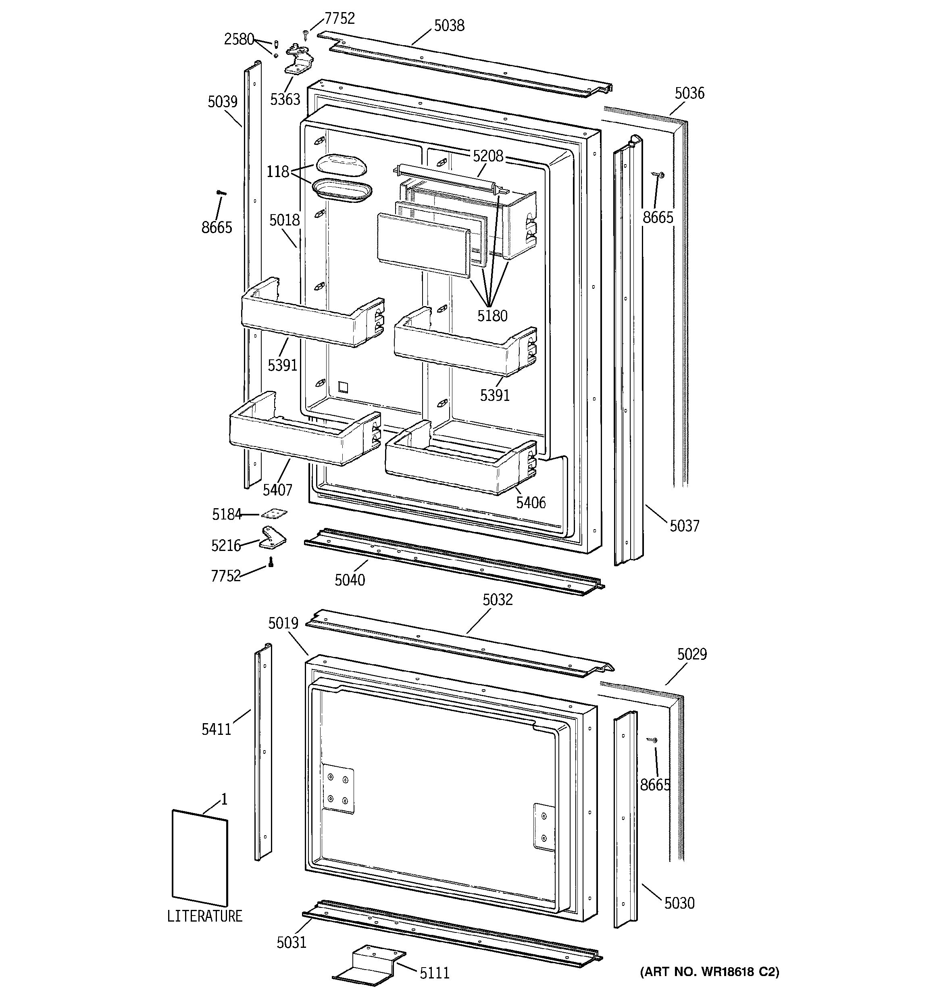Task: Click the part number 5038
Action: (449, 25)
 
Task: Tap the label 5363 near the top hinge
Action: (285, 100)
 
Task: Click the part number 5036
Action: (689, 93)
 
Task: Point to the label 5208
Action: (488, 156)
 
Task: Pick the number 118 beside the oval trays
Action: (278, 172)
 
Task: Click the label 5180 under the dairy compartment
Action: (492, 316)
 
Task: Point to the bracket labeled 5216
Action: (273, 538)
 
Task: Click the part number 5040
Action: (350, 580)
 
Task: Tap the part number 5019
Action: (283, 623)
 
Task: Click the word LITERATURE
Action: (204, 916)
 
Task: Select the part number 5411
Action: (216, 729)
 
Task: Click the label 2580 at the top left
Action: (239, 39)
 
